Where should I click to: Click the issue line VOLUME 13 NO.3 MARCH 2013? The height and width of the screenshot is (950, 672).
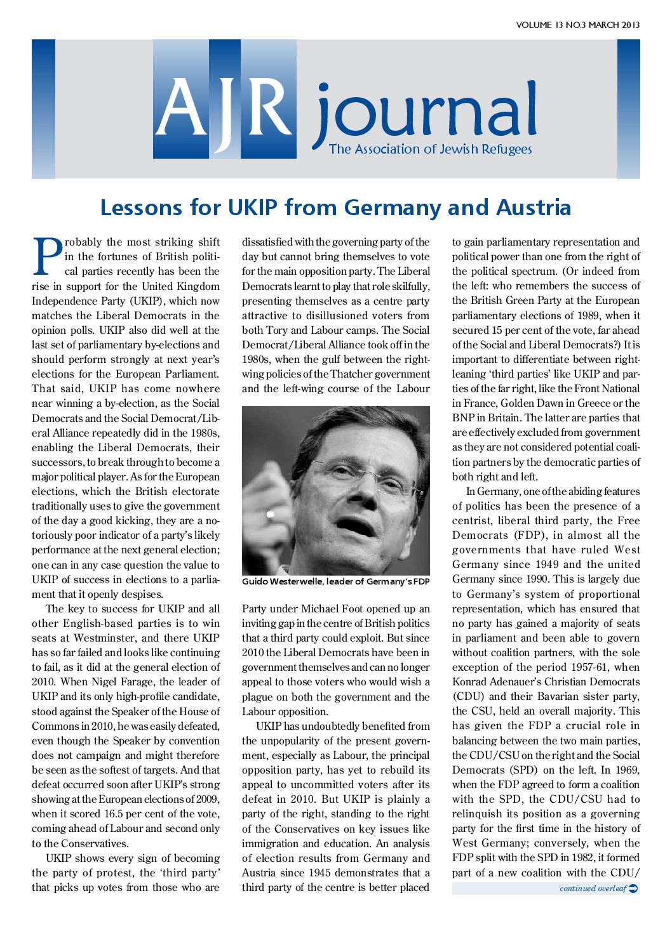coord(577,25)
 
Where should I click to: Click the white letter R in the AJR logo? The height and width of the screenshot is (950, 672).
coord(269,107)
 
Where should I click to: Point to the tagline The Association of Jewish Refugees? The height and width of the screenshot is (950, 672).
coord(430,150)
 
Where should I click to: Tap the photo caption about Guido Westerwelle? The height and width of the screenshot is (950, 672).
coord(335,581)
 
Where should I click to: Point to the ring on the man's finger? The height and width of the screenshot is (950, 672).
coord(271,514)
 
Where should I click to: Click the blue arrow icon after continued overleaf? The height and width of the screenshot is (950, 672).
coord(633,888)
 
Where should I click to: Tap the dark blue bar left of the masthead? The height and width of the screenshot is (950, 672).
coord(43,109)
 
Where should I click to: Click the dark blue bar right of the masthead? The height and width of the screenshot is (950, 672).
coord(628,109)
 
